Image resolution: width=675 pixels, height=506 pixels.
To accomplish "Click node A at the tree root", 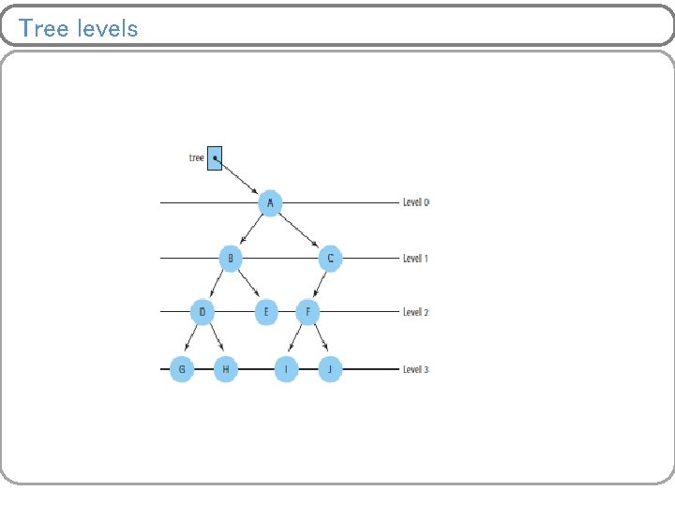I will (x=270, y=202).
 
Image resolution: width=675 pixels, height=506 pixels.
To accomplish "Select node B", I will (x=232, y=258).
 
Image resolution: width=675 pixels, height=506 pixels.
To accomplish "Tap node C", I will (x=330, y=258).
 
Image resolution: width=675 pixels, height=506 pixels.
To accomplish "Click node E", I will (x=265, y=312).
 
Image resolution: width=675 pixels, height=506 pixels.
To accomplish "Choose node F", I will (x=308, y=312).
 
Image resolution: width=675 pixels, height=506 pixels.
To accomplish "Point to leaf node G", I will (x=182, y=369).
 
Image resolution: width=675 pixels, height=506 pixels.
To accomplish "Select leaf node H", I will (x=226, y=369).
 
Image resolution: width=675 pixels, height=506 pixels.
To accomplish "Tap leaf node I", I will (x=287, y=369).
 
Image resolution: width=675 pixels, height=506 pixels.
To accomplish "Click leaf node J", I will (x=329, y=369).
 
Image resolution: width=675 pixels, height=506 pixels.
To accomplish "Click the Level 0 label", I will (x=415, y=202).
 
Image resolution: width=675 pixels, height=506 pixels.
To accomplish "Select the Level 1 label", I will (x=415, y=258).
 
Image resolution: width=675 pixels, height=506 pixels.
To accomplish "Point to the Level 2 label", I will (x=415, y=312).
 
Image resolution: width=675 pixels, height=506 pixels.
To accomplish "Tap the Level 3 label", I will (x=415, y=369).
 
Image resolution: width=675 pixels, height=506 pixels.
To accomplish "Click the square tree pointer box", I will (x=215, y=157).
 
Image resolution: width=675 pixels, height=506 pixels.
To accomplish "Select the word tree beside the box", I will (x=196, y=157).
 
